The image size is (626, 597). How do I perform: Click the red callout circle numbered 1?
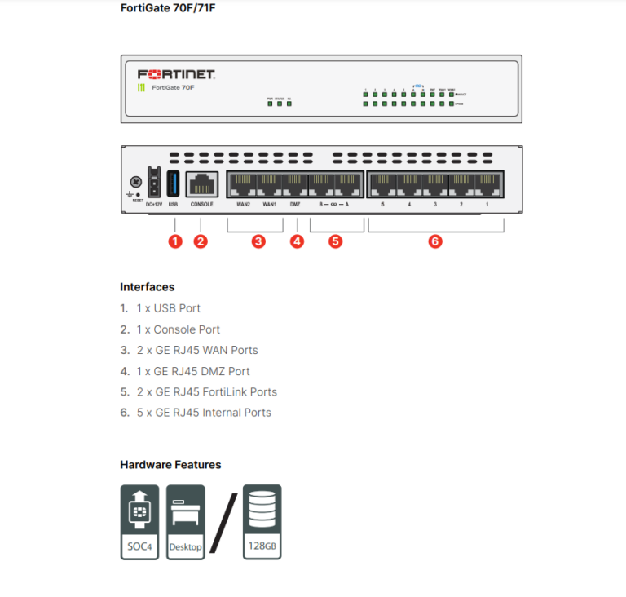click(174, 241)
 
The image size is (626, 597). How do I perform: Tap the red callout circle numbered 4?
click(297, 241)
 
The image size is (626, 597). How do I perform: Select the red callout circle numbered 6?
click(435, 241)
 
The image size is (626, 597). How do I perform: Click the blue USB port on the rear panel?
click(173, 183)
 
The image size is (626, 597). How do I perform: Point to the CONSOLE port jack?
click(202, 184)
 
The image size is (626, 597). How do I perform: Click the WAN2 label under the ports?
click(243, 205)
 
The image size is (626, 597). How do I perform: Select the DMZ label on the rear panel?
click(295, 205)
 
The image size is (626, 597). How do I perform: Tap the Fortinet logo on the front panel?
click(176, 74)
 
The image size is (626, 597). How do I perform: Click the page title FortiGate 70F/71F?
click(168, 9)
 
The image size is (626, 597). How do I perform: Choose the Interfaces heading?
click(147, 287)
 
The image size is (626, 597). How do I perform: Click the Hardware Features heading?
click(170, 465)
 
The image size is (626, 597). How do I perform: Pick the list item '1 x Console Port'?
click(178, 329)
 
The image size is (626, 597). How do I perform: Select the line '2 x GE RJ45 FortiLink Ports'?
click(206, 391)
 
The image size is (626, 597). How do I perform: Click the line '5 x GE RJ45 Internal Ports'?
click(204, 413)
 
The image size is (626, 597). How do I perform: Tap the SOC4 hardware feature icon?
click(140, 522)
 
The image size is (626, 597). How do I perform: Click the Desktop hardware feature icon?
click(185, 522)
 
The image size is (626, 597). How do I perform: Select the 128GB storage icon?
click(262, 522)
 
